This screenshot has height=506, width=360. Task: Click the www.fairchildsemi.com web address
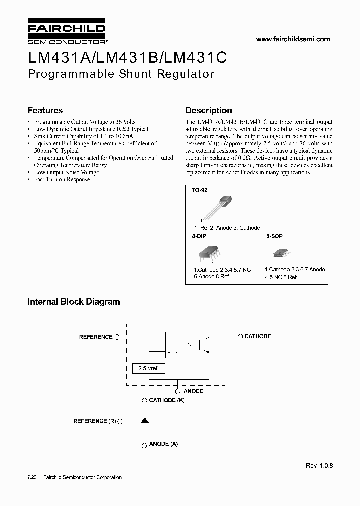[x=293, y=39]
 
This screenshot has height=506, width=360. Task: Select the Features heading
[x=45, y=110]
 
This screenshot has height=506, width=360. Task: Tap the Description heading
[x=209, y=110]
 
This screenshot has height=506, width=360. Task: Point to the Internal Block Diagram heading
[x=74, y=302]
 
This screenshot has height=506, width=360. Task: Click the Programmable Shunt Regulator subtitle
[x=121, y=74]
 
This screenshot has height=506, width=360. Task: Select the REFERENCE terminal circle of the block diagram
[x=117, y=337]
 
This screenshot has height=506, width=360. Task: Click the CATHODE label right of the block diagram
[x=257, y=336]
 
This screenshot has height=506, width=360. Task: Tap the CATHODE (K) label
[x=167, y=400]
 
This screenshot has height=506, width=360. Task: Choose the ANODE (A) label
[x=163, y=444]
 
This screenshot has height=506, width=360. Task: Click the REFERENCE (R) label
[x=94, y=421]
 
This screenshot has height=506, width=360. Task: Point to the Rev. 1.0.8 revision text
[x=319, y=465]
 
